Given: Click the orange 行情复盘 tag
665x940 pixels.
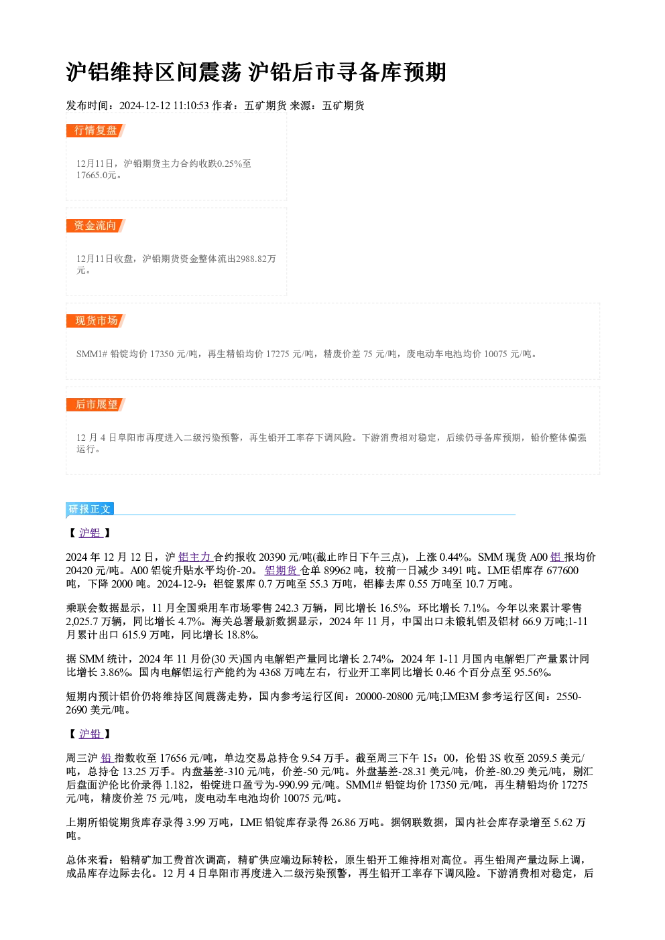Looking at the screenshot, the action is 95,131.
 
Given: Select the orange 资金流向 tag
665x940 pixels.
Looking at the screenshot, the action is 95,226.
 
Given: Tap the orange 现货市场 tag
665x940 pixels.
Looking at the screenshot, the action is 96,321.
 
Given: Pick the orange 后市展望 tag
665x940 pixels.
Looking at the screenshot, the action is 96,405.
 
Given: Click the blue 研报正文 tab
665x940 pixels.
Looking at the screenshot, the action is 90,509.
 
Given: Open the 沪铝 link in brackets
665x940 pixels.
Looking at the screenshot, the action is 90,533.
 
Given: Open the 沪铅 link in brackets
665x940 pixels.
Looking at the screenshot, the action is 90,734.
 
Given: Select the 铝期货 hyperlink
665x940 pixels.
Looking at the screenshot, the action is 282,570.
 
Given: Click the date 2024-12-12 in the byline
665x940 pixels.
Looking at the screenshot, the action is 145,106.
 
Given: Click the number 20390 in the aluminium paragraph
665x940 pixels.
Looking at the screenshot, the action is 273,557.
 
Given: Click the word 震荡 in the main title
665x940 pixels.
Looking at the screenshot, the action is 220,72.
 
